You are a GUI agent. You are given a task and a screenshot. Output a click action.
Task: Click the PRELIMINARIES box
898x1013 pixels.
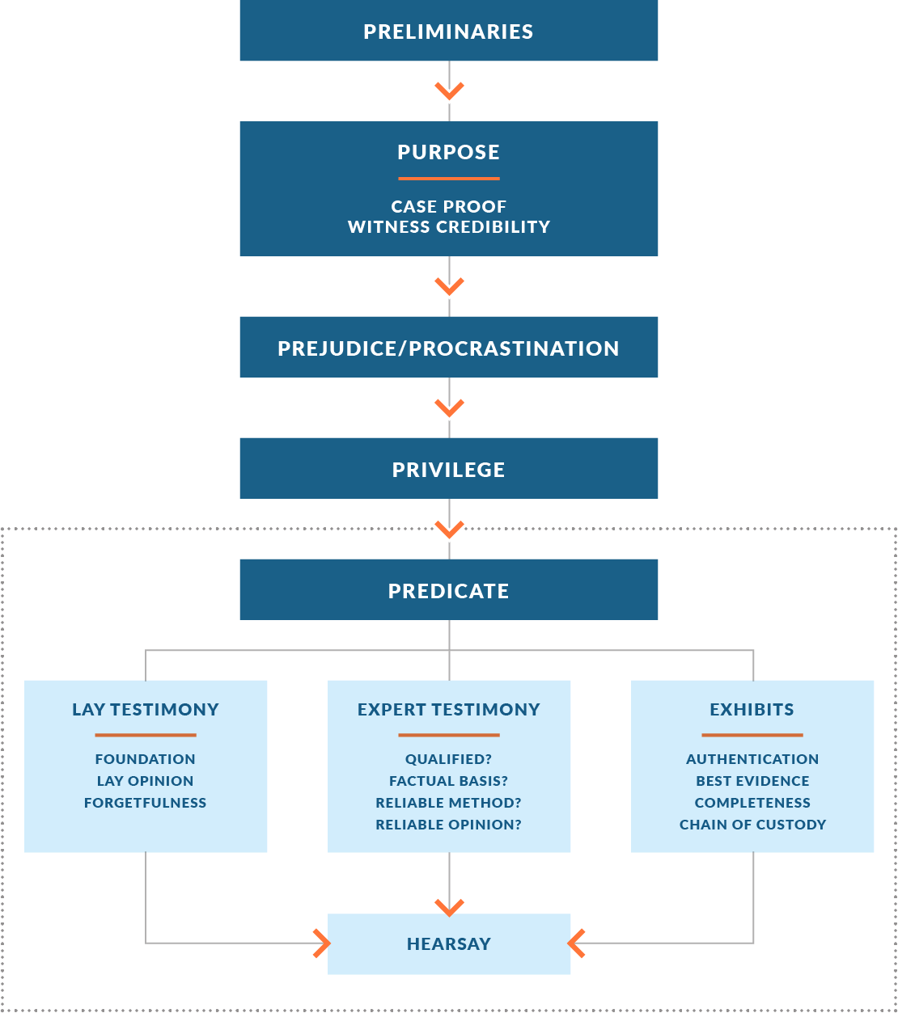click(x=448, y=31)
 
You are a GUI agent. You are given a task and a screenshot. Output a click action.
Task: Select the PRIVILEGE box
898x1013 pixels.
click(x=448, y=469)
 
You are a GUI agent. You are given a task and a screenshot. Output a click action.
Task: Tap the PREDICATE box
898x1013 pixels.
click(x=448, y=590)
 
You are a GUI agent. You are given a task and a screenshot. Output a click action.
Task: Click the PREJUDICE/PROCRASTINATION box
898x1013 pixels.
click(x=448, y=348)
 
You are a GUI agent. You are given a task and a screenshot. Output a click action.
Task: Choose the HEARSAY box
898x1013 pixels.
click(x=448, y=943)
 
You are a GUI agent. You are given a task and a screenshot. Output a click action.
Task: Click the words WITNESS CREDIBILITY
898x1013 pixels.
click(x=448, y=227)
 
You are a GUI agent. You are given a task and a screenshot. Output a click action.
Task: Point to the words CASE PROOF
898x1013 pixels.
click(x=448, y=206)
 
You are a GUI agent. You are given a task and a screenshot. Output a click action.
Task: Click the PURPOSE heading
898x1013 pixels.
click(x=448, y=152)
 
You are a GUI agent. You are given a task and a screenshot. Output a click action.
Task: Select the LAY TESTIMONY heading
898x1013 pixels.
click(x=146, y=709)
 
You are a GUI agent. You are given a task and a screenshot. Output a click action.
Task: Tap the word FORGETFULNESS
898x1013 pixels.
click(x=146, y=803)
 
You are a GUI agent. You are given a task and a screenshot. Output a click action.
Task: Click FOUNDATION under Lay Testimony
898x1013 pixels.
click(x=146, y=759)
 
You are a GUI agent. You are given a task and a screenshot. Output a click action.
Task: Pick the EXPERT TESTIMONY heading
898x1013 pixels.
click(x=448, y=709)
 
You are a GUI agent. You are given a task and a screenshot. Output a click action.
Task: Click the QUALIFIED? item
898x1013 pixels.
click(x=448, y=759)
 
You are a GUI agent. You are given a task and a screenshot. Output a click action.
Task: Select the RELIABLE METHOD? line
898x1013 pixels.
click(x=448, y=803)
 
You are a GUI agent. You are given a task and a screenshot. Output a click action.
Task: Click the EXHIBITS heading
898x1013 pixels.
click(x=752, y=709)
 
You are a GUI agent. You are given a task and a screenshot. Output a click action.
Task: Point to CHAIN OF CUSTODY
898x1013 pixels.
click(x=752, y=825)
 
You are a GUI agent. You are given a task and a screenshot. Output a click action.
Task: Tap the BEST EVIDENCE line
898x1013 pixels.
click(x=752, y=781)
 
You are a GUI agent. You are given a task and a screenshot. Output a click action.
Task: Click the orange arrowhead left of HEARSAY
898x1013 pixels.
click(x=321, y=943)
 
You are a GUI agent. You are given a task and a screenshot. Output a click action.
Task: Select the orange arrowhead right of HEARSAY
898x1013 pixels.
click(x=577, y=943)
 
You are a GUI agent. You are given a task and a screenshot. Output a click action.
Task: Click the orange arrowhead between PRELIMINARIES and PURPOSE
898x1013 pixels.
click(x=449, y=91)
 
